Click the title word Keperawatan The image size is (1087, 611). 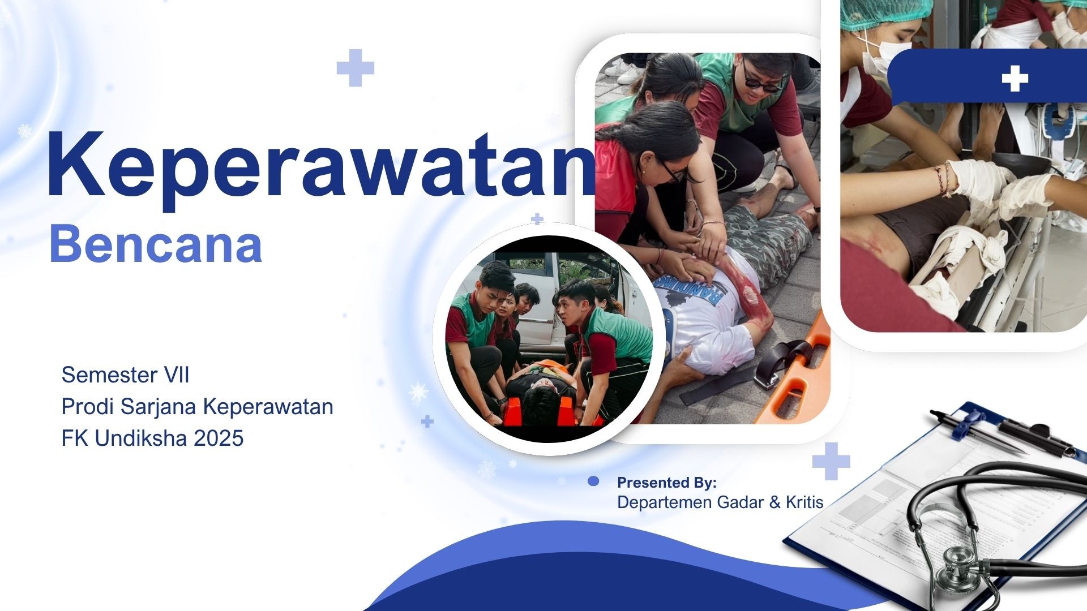pos(320,165)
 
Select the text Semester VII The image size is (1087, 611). pos(125,375)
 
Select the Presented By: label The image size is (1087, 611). pos(666,483)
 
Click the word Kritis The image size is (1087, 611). pos(804,502)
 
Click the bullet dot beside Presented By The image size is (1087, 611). pos(593,481)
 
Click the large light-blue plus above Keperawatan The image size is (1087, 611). pos(355,68)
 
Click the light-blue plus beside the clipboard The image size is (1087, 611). pos(831,461)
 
